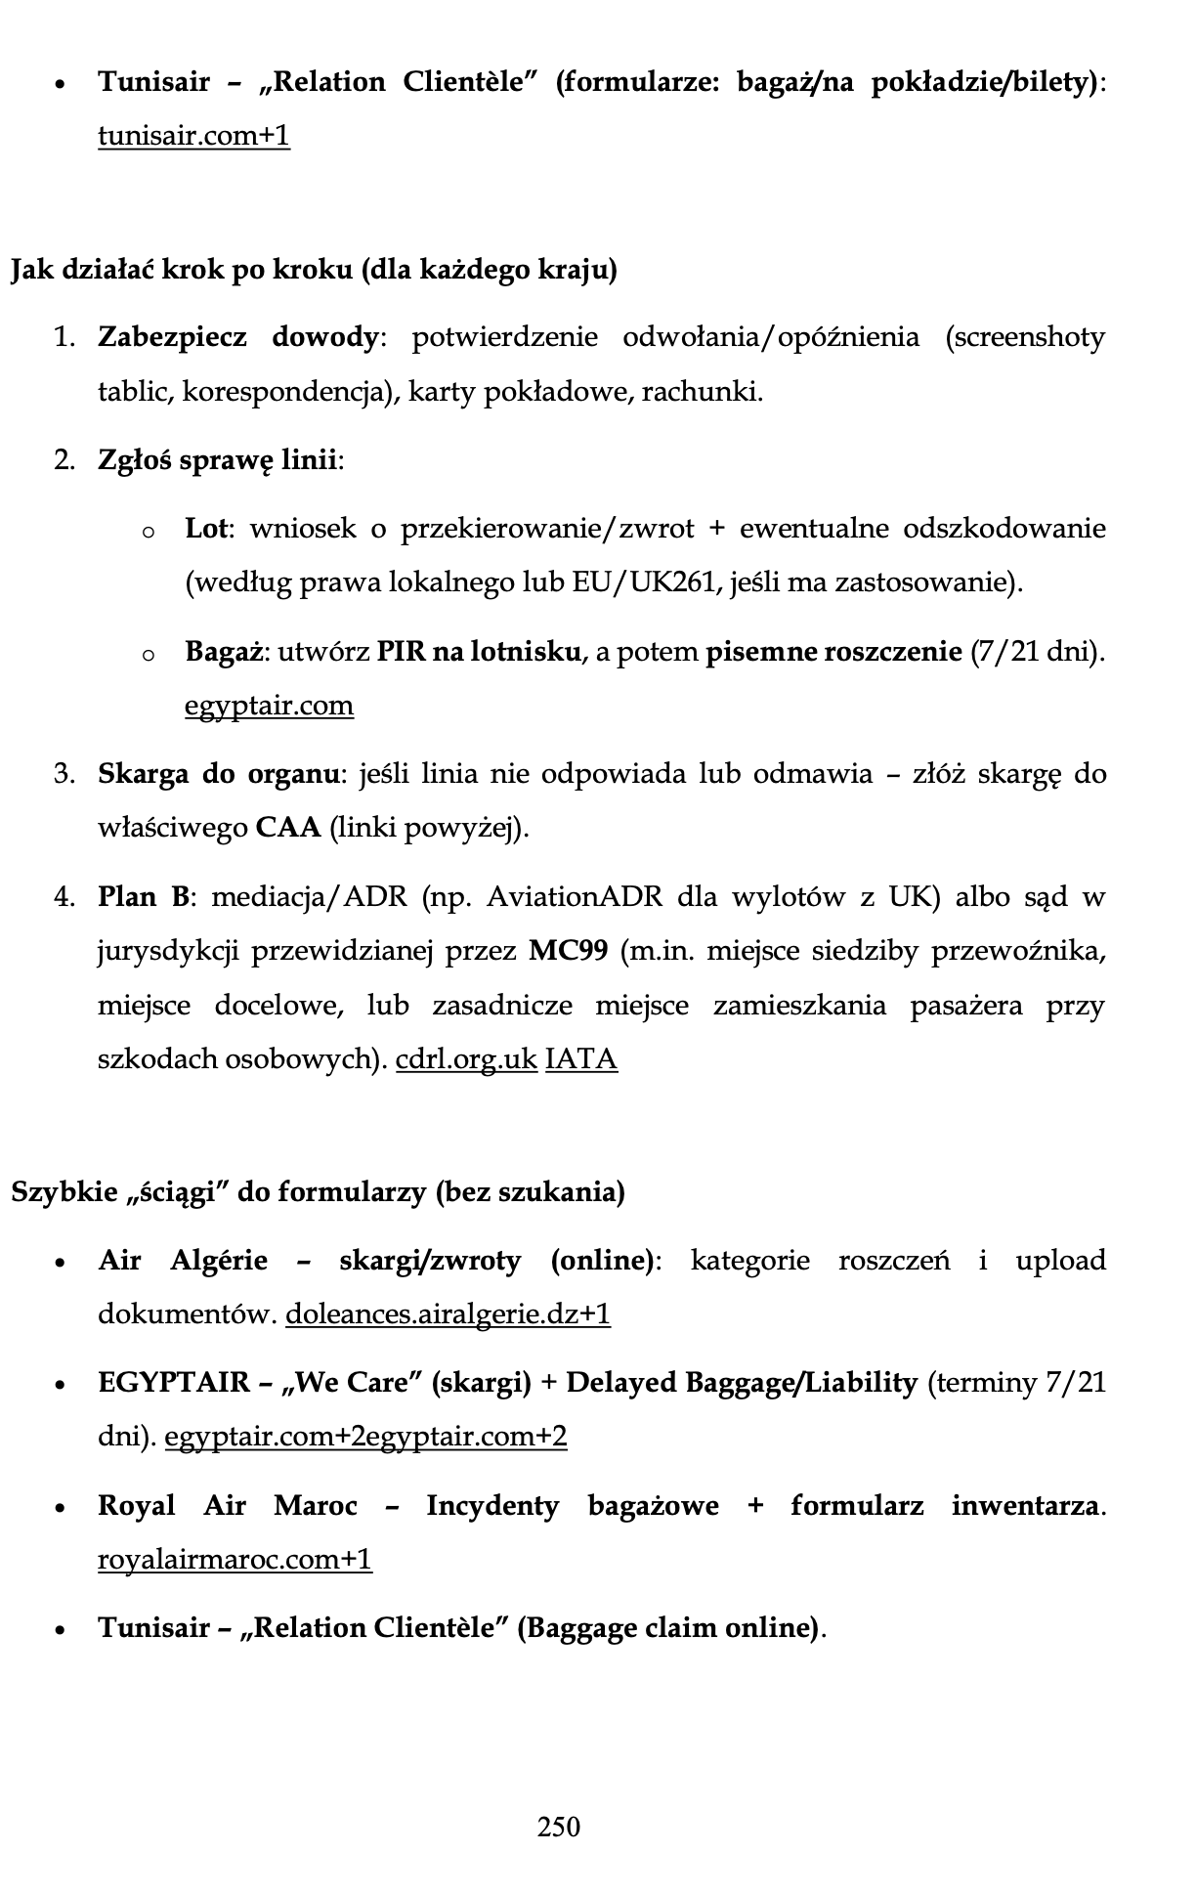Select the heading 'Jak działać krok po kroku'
click(313, 270)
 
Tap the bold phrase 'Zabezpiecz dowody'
click(237, 337)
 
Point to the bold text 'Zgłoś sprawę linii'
click(218, 459)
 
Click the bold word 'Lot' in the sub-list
click(206, 529)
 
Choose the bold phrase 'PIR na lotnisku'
click(479, 651)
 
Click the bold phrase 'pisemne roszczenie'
click(833, 651)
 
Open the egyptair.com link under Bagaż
click(269, 705)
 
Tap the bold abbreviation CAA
click(288, 829)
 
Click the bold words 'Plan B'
click(144, 896)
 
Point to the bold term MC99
click(568, 951)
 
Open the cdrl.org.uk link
click(466, 1059)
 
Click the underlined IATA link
click(580, 1059)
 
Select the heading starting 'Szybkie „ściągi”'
click(318, 1192)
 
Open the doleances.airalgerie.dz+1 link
click(448, 1314)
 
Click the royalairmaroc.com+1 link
click(235, 1559)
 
